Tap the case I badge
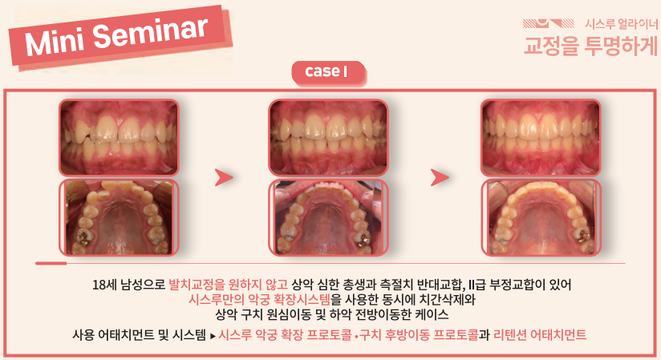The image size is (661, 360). coord(328,72)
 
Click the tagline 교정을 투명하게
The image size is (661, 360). coord(590,46)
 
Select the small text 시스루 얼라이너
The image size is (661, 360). coord(621,24)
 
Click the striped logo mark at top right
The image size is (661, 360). coord(549,23)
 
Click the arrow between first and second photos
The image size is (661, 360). coord(224,177)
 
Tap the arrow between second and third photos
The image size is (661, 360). coord(440,177)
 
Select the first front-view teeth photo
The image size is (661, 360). coord(119,137)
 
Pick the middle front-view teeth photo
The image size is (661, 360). coord(328,137)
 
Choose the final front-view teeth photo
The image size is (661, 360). coord(541,137)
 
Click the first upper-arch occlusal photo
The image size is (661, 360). coord(119,217)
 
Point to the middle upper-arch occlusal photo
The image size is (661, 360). coord(328,217)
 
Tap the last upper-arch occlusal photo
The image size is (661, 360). coord(541,217)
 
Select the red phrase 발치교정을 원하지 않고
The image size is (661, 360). coord(228,285)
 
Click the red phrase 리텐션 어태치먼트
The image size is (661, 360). coord(540,335)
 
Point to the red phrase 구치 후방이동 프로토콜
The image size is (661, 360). coord(419,335)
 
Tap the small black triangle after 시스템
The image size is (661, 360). coord(213,336)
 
